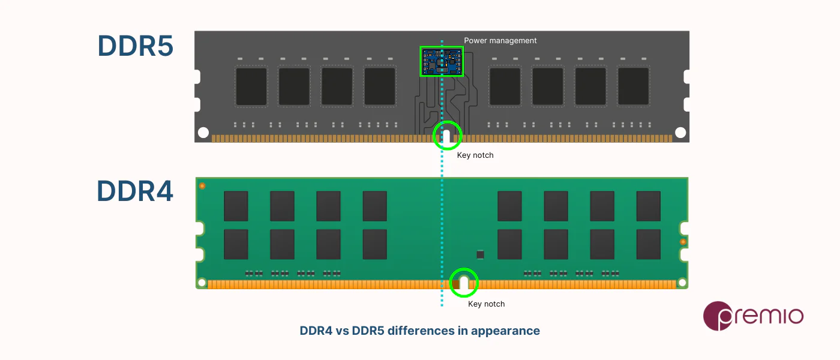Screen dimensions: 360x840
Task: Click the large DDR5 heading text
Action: point(135,46)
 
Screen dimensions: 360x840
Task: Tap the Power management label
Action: point(500,41)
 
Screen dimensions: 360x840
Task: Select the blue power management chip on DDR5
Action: point(442,62)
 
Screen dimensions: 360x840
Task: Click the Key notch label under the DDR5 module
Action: point(475,155)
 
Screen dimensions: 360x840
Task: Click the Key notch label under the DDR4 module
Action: point(486,304)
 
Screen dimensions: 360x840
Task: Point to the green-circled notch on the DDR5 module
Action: point(448,135)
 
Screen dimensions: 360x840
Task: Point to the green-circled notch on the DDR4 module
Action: point(464,283)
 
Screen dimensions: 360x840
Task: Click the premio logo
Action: point(752,316)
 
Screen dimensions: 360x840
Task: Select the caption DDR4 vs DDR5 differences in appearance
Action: point(419,331)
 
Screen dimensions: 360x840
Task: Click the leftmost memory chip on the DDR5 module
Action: point(251,87)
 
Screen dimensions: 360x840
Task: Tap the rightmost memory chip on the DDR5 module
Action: point(633,87)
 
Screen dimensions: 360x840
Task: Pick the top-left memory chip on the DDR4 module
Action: point(236,206)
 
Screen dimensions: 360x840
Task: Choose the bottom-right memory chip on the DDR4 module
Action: point(648,244)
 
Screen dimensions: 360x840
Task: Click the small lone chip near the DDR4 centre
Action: point(480,254)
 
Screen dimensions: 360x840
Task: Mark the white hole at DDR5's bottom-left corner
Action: point(203,133)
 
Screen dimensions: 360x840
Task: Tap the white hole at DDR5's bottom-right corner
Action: point(680,133)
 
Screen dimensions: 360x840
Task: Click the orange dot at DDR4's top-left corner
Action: point(202,186)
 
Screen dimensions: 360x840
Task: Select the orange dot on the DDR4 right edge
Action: point(683,242)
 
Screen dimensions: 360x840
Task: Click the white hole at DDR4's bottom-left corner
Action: point(202,282)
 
